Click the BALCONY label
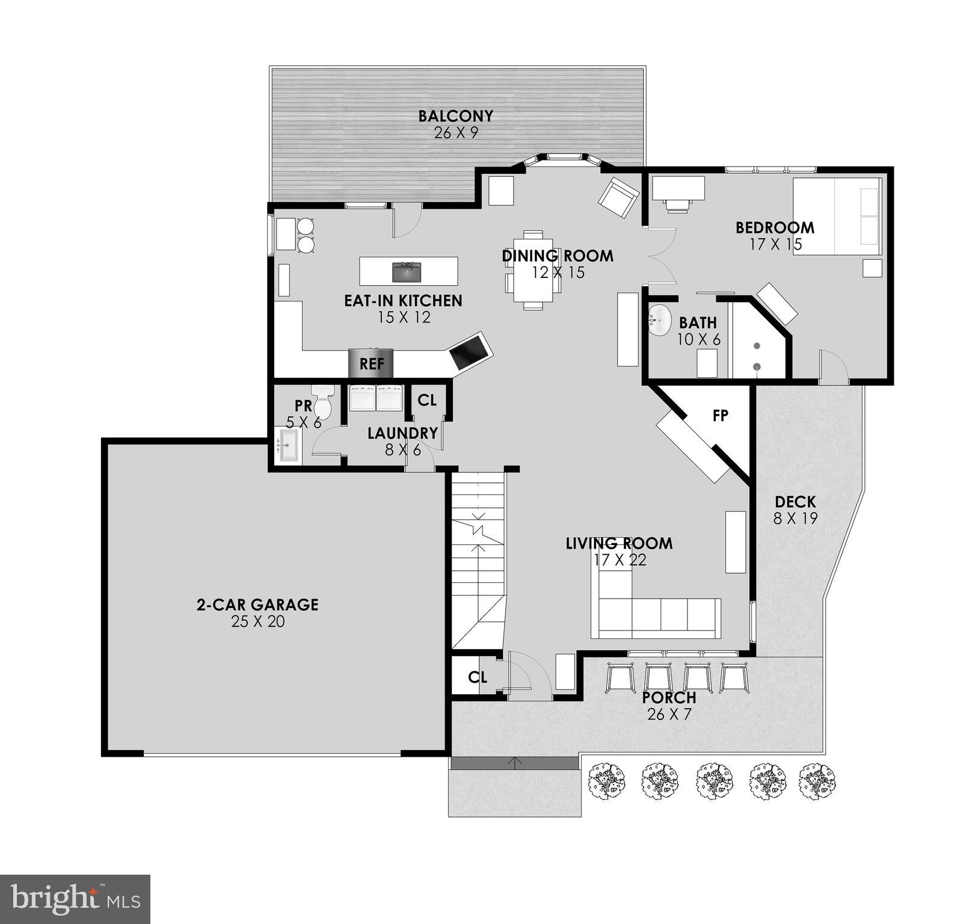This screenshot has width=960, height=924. click(x=455, y=115)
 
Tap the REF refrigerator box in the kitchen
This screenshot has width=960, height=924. click(x=371, y=364)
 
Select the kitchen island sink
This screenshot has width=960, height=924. click(x=407, y=272)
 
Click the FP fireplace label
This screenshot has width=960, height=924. click(x=720, y=415)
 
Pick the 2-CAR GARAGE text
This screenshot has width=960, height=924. click(x=257, y=605)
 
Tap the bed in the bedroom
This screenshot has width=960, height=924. click(x=837, y=217)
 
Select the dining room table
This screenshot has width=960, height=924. click(x=533, y=270)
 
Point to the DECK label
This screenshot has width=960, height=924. click(x=795, y=502)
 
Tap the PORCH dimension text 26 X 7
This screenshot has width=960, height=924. click(x=669, y=715)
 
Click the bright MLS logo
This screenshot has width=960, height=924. click(x=75, y=900)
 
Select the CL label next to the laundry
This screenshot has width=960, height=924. click(x=427, y=400)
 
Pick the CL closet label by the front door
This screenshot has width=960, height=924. click(x=478, y=677)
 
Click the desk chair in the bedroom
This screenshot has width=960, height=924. click(x=678, y=205)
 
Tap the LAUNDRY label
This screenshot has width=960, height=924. click(x=402, y=433)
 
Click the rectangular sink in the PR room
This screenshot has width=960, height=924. click(x=288, y=446)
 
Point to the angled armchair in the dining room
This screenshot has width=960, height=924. click(x=618, y=197)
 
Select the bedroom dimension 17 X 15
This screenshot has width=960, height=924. click(x=776, y=244)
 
